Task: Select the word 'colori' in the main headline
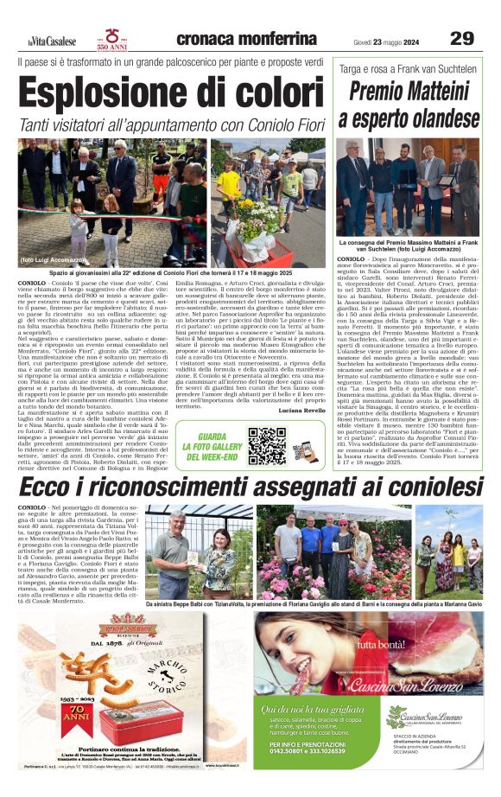(269, 93)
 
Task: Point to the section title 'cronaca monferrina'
(246, 39)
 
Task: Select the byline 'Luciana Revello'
(301, 411)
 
